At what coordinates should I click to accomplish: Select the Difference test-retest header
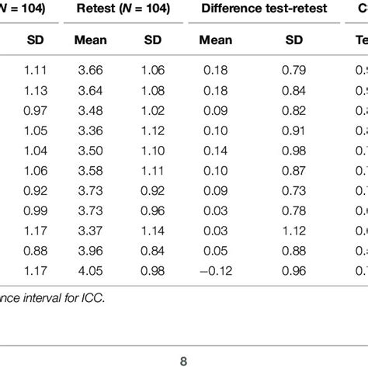coord(255,9)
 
